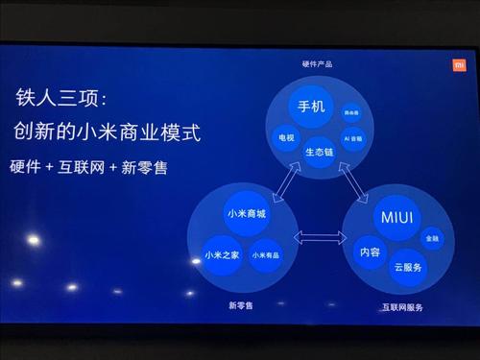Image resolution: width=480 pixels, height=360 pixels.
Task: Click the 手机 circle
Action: click(x=312, y=106)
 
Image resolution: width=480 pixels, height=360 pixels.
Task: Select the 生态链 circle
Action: click(x=320, y=151)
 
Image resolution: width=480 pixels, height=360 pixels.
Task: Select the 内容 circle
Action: click(x=370, y=252)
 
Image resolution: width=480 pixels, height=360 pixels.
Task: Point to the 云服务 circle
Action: click(x=408, y=267)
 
